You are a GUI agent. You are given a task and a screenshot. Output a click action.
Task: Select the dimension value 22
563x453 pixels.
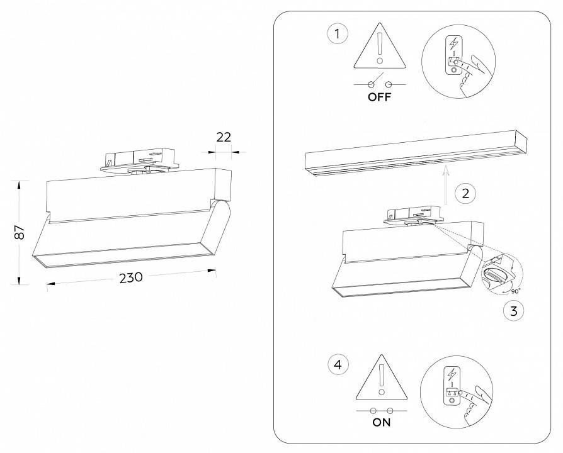click(x=224, y=137)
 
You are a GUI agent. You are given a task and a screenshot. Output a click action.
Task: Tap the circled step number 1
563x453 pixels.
click(x=338, y=33)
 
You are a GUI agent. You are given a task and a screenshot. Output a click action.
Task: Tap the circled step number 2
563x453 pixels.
click(x=465, y=193)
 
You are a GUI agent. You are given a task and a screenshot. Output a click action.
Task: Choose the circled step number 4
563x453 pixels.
click(x=338, y=364)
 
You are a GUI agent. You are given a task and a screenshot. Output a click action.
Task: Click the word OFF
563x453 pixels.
click(x=379, y=98)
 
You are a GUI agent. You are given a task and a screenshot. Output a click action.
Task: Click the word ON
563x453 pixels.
click(x=382, y=422)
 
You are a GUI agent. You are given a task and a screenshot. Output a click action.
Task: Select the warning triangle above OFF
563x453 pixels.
click(x=379, y=50)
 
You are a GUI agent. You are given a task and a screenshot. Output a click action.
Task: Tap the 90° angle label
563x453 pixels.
click(x=515, y=291)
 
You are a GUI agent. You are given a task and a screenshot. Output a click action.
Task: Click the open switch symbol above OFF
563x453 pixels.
click(x=379, y=84)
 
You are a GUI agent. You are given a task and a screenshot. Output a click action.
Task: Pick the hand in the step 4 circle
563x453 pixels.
click(x=474, y=403)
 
